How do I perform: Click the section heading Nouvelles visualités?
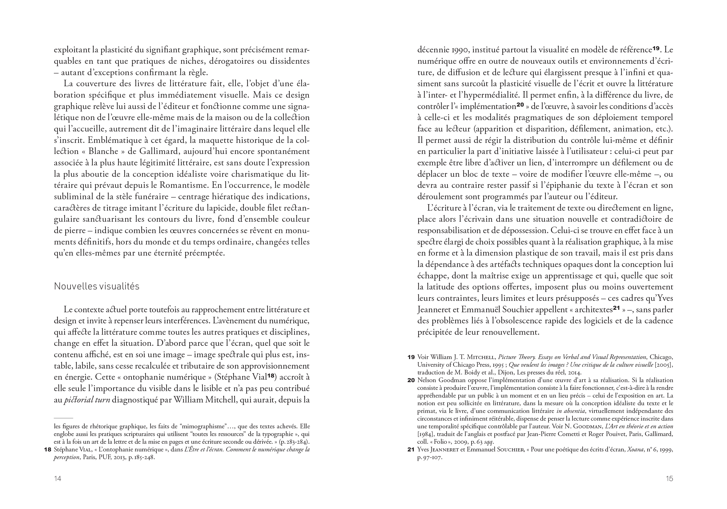pos(97,286)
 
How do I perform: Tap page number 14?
pos(57,478)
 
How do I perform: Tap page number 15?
pos(669,478)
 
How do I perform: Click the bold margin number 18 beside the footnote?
pos(47,450)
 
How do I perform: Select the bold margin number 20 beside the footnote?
pos(411,380)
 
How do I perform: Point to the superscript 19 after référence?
pos(656,48)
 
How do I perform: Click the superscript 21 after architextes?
pos(616,308)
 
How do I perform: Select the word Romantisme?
pos(183,185)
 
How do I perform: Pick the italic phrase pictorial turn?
pos(87,400)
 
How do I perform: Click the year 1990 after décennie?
pos(454,50)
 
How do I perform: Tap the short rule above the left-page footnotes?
pos(63,418)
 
